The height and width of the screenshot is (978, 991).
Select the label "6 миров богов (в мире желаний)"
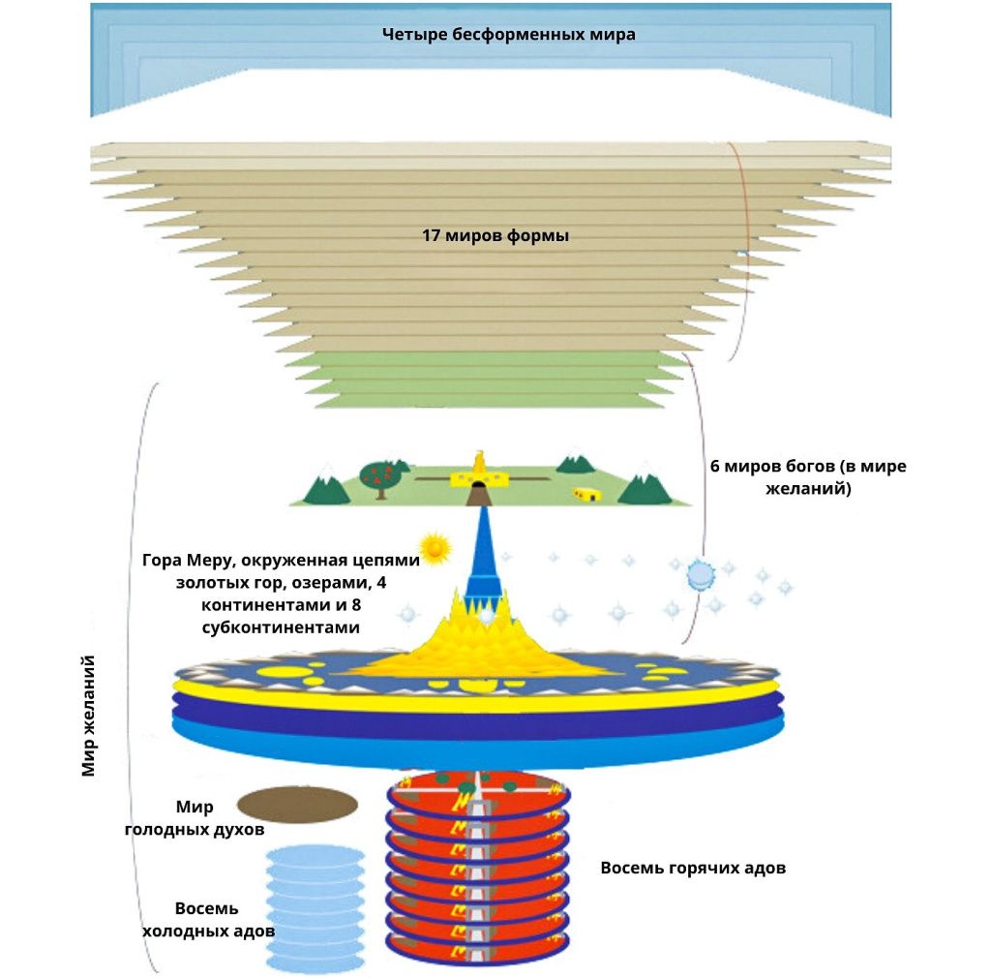pyautogui.click(x=808, y=477)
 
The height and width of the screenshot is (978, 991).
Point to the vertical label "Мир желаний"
pyautogui.click(x=90, y=716)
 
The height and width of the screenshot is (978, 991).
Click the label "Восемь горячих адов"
pyautogui.click(x=693, y=868)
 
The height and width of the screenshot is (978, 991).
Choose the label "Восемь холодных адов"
pyautogui.click(x=207, y=920)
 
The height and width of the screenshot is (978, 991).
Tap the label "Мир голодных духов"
pyautogui.click(x=196, y=818)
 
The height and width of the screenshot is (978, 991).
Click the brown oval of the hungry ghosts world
pyautogui.click(x=297, y=803)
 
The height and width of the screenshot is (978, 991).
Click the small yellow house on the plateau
pyautogui.click(x=584, y=493)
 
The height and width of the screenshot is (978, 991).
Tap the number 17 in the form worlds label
pyautogui.click(x=434, y=235)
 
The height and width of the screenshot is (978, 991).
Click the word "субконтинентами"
pyautogui.click(x=287, y=627)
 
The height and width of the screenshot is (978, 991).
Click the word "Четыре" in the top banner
pyautogui.click(x=408, y=35)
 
